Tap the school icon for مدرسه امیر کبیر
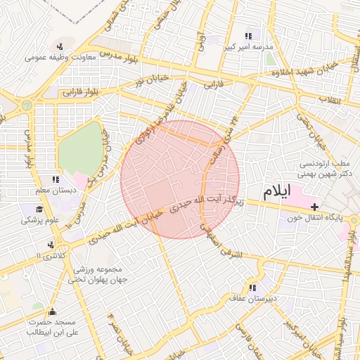click(x=247, y=37)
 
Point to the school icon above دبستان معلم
click(x=55, y=180)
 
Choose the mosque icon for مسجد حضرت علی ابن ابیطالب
click(x=51, y=312)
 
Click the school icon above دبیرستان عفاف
click(x=252, y=288)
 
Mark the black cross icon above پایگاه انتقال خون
click(x=314, y=207)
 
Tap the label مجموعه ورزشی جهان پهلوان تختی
click(x=96, y=275)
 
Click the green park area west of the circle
click(x=79, y=149)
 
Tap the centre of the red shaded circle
click(x=180, y=179)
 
